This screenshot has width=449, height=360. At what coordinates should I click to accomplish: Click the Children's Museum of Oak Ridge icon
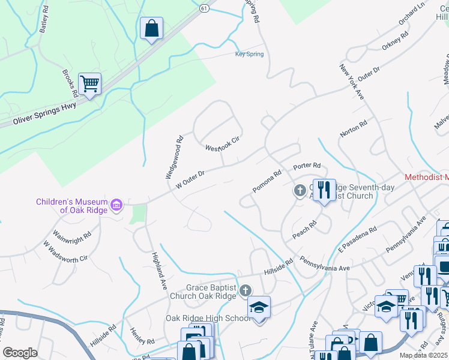117,206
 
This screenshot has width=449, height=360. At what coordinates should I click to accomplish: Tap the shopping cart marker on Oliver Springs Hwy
89,84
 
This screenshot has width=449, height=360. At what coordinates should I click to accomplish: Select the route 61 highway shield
204,8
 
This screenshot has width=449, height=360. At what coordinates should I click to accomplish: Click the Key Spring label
249,54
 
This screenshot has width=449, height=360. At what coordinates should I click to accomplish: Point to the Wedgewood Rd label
174,158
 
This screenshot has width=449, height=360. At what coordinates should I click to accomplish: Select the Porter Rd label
307,166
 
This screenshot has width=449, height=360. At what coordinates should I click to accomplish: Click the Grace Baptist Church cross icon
244,291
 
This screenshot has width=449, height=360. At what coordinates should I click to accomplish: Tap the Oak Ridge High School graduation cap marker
259,307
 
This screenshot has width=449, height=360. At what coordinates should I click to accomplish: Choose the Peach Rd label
304,230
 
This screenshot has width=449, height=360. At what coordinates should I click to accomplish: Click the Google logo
20,352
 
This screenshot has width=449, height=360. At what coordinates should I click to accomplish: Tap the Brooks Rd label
70,83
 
